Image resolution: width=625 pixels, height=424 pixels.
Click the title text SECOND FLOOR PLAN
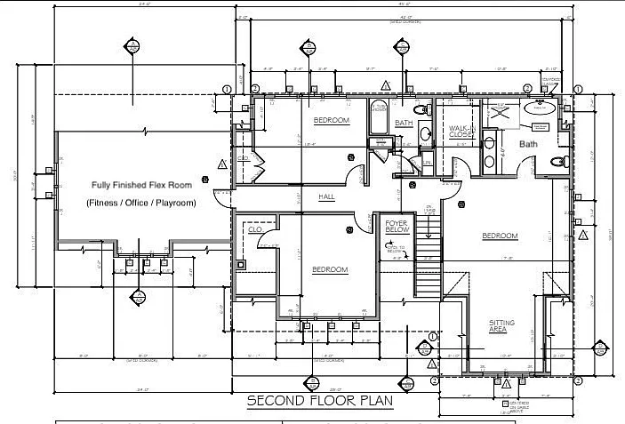coord(319,400)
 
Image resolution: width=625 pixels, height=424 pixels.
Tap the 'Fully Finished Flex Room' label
coord(141,185)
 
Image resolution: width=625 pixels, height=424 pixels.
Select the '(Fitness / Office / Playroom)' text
coord(141,203)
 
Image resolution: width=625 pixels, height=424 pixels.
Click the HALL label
coord(326,196)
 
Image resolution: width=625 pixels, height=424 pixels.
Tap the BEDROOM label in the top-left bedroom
coord(331,120)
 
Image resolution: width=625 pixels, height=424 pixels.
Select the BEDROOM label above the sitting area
coord(500,236)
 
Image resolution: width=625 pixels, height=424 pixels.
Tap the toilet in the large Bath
coord(558,162)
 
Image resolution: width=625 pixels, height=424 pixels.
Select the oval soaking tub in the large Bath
coord(540,107)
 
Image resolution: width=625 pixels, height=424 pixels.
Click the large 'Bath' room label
coord(528,143)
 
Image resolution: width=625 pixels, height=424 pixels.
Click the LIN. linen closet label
coord(428,163)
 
